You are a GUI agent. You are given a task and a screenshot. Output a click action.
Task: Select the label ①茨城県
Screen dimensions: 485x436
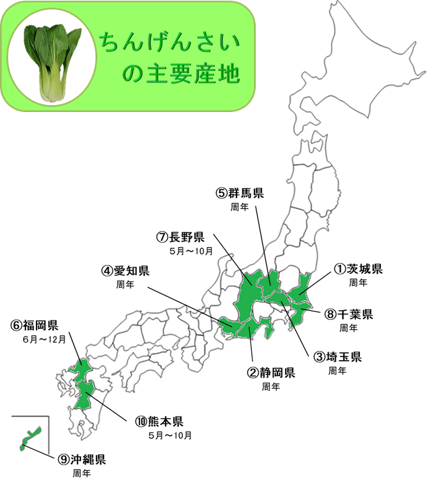pos(357,269)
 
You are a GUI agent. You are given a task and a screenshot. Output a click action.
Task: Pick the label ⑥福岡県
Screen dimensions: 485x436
pos(35,325)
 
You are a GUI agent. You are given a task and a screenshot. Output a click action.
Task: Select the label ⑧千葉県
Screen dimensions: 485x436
pos(348,314)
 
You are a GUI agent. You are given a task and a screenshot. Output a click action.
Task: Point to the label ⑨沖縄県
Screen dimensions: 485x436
pos(81,459)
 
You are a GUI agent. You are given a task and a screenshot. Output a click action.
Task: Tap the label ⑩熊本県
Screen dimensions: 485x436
pos(159,422)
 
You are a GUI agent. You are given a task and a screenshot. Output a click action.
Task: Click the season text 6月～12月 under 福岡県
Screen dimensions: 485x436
pos(43,339)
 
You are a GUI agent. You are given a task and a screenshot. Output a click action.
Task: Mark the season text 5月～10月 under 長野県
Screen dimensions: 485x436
pos(191,251)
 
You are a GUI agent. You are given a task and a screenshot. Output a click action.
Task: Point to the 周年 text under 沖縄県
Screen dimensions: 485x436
pos(82,473)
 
